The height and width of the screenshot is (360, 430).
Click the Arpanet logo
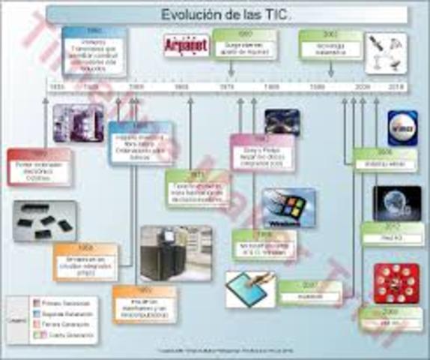pos(187,45)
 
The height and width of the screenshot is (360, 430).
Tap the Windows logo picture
pos(288,207)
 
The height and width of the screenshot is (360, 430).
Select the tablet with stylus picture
pos(250,289)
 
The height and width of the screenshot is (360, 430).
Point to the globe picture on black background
pos(396,202)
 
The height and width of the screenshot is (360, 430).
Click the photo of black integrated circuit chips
pos(44,221)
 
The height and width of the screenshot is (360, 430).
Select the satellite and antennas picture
pos(386,52)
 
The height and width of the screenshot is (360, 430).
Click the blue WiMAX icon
pos(402,127)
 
